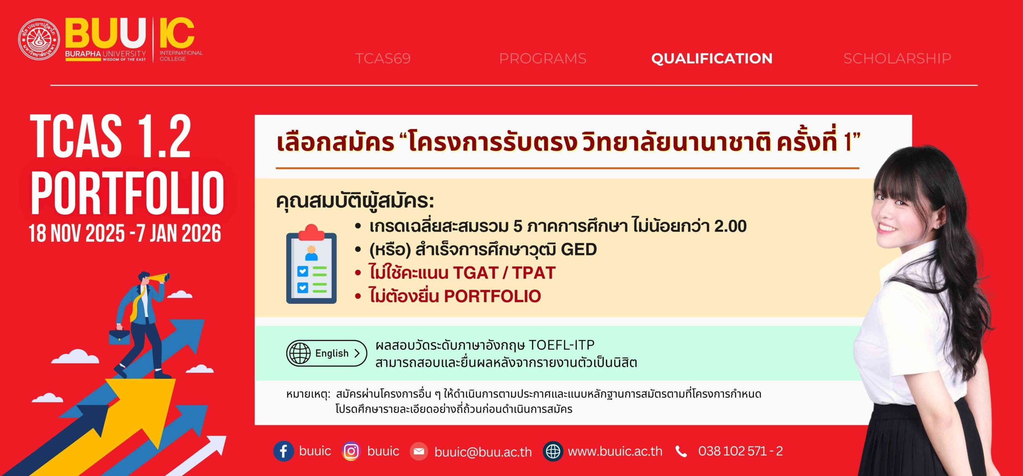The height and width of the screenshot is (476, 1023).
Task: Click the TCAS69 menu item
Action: (x=383, y=59)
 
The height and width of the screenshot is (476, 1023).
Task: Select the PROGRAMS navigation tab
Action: (x=543, y=59)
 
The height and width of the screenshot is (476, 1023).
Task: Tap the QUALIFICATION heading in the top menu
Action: (x=712, y=59)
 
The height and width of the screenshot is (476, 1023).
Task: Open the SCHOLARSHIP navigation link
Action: (x=897, y=59)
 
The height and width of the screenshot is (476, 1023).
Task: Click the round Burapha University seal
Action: (x=39, y=40)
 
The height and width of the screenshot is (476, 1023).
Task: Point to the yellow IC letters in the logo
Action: (x=177, y=33)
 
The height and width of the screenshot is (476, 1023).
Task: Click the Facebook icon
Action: (x=283, y=451)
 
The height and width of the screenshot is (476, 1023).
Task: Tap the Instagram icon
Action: (x=351, y=451)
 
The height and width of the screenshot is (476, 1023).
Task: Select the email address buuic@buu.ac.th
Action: (x=483, y=452)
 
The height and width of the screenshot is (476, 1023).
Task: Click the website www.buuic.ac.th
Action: (x=615, y=452)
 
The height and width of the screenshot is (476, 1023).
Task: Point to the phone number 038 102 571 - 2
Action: (x=740, y=451)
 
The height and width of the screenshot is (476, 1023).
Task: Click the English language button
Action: (x=326, y=353)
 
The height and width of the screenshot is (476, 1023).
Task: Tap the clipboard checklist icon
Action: (x=311, y=264)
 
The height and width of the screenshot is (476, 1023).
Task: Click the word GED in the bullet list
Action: (x=579, y=250)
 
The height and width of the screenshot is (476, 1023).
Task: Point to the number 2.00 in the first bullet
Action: (x=730, y=226)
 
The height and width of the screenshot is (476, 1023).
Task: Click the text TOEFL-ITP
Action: (x=561, y=345)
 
